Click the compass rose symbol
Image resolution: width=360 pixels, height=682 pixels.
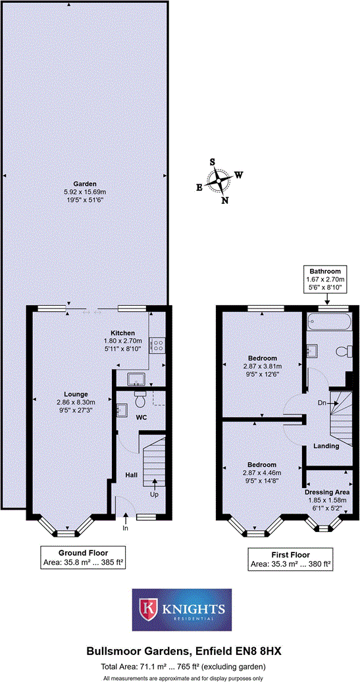218,180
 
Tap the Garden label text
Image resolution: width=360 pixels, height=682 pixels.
85,183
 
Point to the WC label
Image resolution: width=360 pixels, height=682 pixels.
141,417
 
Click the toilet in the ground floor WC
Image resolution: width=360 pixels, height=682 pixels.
139,399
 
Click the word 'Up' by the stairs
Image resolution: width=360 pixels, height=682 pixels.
155,494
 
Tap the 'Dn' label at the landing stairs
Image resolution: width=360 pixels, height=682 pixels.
322,402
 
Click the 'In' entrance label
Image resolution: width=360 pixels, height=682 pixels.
125,527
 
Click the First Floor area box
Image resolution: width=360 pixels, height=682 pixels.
291,559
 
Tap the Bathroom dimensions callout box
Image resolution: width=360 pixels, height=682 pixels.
325,280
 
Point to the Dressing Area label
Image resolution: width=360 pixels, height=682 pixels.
327,491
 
